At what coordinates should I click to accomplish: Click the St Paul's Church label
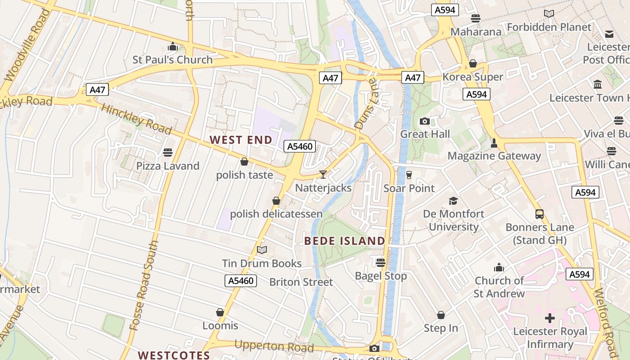[172, 60]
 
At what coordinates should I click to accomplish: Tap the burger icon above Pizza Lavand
[168, 153]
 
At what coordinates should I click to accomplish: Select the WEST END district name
[241, 140]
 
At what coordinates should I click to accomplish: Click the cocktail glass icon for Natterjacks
[323, 174]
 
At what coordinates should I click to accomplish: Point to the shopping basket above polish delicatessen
[276, 201]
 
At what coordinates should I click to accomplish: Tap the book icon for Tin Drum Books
[262, 250]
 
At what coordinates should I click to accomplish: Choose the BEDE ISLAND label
[345, 241]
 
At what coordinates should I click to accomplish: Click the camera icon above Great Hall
[424, 121]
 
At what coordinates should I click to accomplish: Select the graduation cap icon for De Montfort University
[453, 201]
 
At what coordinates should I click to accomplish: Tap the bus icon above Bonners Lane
[539, 214]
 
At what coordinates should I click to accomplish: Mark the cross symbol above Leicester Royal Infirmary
[549, 318]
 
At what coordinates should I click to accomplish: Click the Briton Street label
[301, 282]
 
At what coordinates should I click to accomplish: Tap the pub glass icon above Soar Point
[409, 175]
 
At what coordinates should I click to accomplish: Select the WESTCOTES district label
[174, 355]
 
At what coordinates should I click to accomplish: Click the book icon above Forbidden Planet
[549, 14]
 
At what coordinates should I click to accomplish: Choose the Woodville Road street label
[27, 45]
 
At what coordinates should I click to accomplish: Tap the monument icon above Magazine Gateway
[494, 143]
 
